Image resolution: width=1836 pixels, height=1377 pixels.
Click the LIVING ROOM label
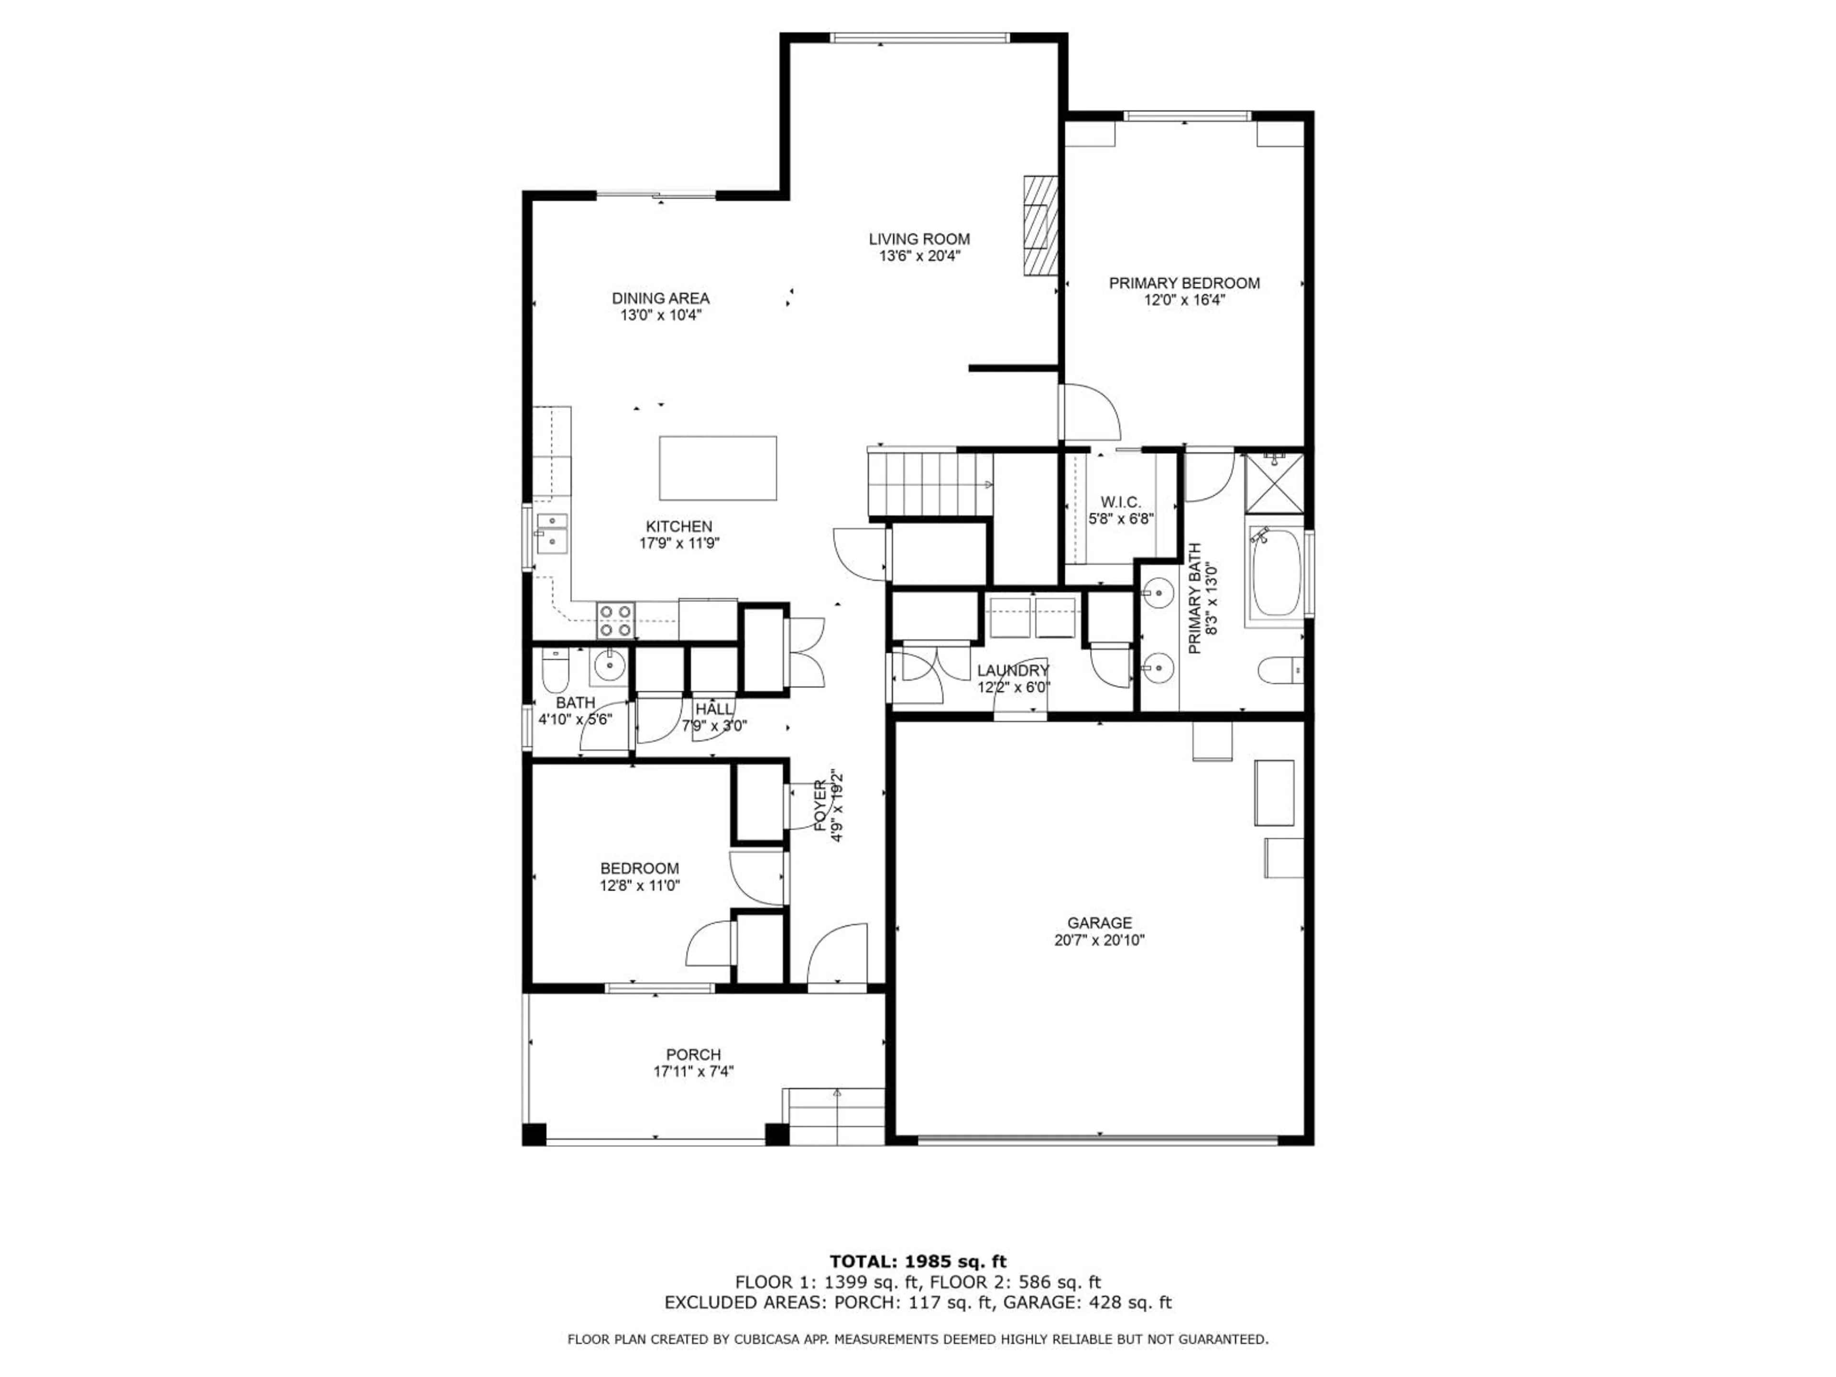click(919, 239)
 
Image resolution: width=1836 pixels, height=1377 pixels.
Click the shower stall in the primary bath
click(1275, 483)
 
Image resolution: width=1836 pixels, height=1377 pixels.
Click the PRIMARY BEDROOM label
click(1184, 283)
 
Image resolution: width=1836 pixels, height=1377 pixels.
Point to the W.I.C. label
click(1121, 502)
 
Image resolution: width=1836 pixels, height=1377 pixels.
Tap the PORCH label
click(693, 1054)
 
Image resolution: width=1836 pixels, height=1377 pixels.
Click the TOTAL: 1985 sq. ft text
click(918, 1262)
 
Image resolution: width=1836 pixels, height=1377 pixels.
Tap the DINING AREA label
click(661, 298)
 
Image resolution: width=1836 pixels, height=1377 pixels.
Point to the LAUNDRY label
click(1013, 670)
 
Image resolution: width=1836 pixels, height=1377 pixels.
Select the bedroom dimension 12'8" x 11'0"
click(640, 885)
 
